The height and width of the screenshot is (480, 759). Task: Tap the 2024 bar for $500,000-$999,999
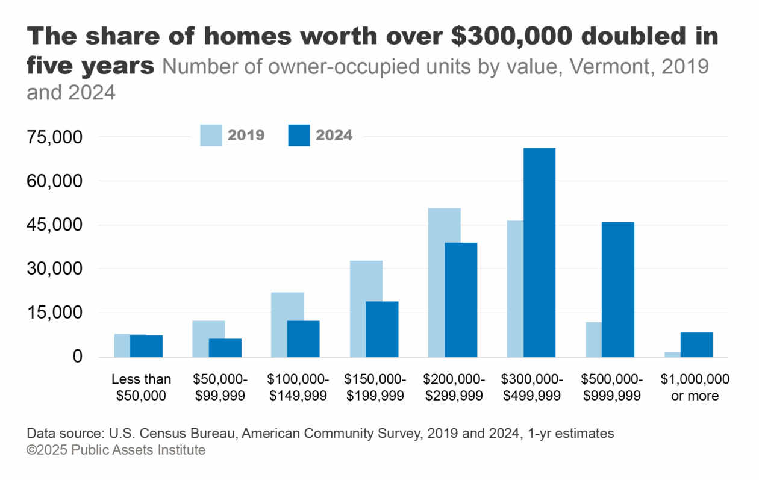point(617,289)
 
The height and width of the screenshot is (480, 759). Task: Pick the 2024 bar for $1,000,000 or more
point(696,344)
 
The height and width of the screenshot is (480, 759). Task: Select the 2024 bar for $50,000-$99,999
point(225,348)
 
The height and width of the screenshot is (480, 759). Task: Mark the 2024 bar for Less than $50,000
point(146,346)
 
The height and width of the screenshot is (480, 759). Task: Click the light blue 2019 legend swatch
point(211,135)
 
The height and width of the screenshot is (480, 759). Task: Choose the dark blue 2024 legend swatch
point(299,135)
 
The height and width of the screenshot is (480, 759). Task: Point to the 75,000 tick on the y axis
point(55,137)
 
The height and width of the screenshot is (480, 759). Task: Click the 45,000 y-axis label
point(55,225)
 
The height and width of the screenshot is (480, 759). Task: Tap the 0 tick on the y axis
point(77,357)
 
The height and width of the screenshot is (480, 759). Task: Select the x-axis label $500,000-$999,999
point(611,387)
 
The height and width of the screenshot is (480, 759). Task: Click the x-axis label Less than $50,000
point(142,387)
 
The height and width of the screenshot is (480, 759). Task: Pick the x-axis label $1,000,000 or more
point(695,387)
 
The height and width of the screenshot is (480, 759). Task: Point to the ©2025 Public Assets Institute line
point(116,450)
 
